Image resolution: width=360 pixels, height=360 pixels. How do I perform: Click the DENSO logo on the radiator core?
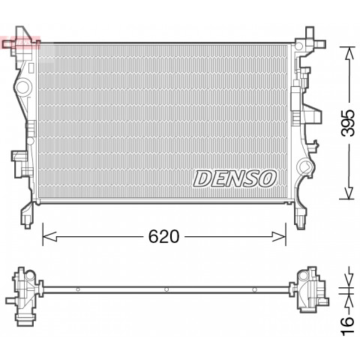235,178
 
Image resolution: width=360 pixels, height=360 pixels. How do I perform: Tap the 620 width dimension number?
163,236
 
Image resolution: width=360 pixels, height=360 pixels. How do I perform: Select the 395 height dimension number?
348,123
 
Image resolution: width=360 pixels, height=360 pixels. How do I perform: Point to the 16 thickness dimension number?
348,325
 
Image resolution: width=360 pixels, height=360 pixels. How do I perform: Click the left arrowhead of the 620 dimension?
49,236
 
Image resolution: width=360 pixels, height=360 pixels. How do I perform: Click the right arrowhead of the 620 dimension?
279,236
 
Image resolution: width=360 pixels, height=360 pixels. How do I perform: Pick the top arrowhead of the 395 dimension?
349,53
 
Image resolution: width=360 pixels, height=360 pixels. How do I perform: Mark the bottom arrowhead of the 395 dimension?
349,193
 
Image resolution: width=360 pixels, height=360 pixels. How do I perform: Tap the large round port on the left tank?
23,87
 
